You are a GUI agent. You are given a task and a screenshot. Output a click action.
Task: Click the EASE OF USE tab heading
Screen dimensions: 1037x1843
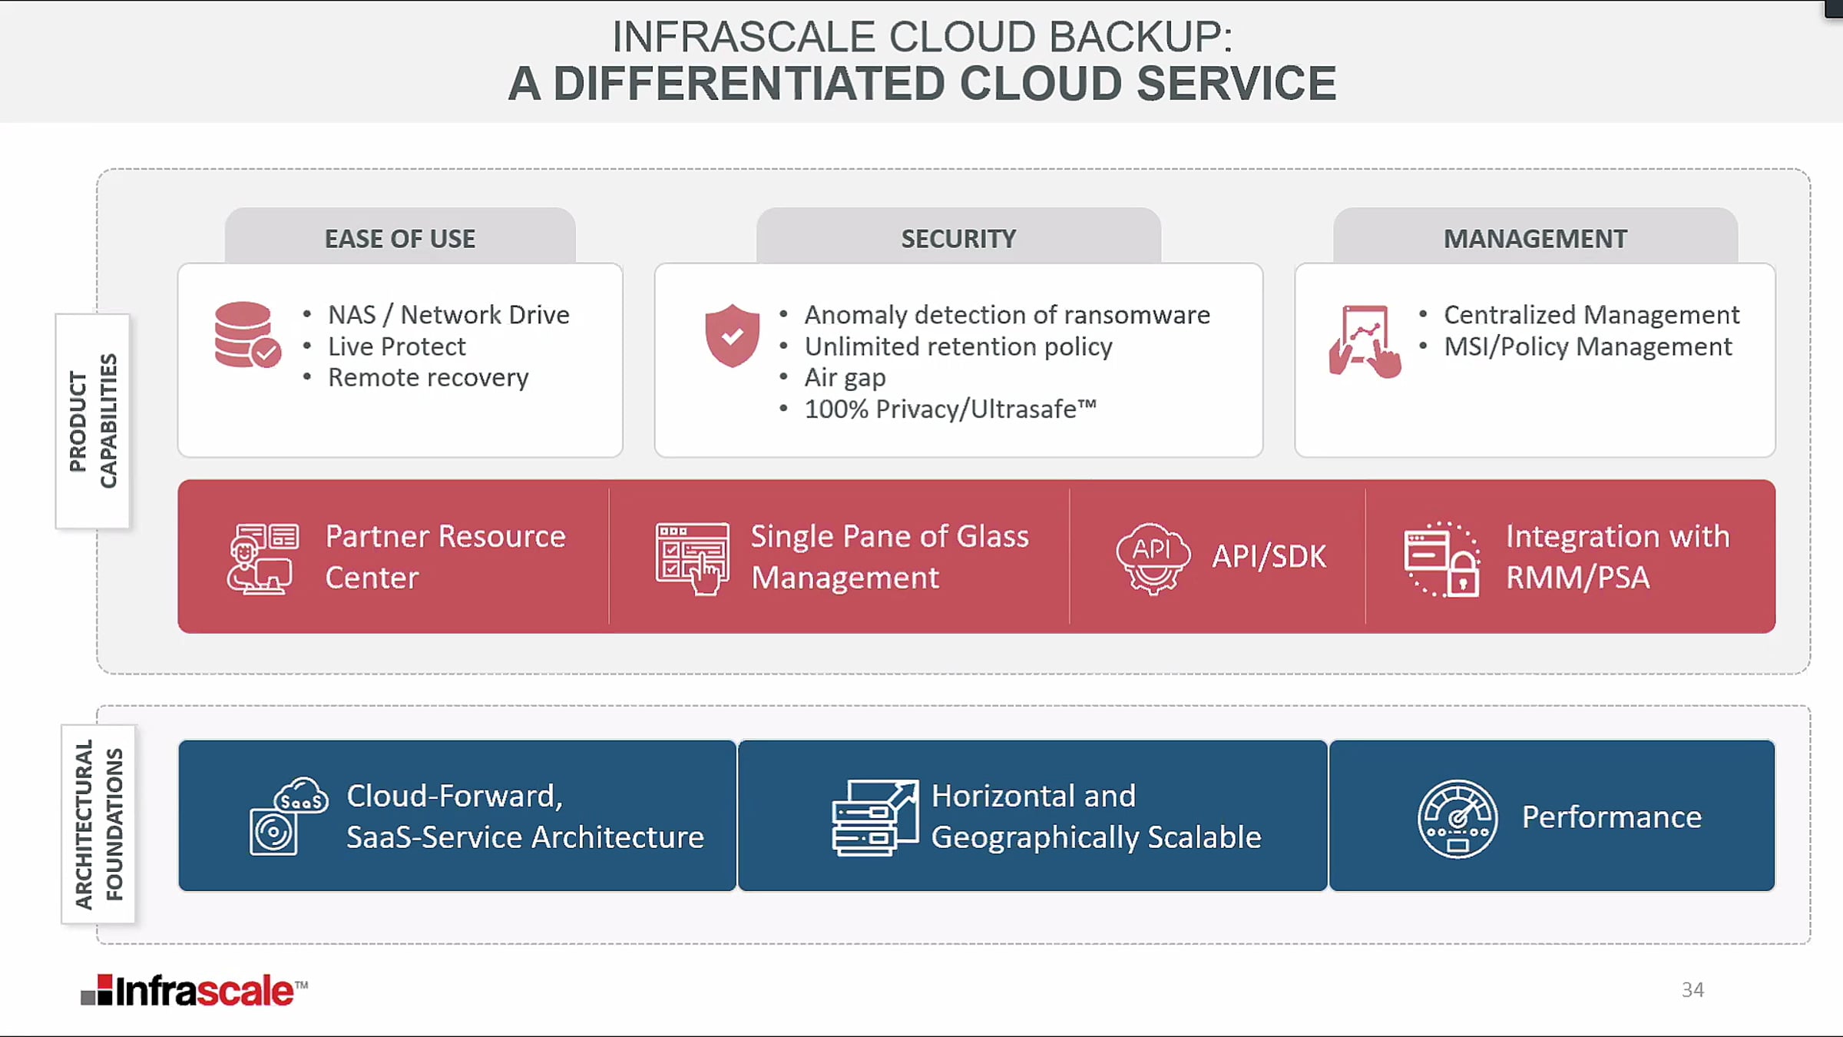(x=400, y=239)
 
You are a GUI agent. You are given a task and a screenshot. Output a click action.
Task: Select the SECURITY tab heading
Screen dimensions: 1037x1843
(x=958, y=239)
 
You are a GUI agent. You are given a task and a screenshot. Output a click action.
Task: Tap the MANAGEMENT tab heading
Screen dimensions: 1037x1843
(x=1535, y=239)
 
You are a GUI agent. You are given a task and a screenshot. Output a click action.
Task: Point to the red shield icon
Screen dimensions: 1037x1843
(x=732, y=335)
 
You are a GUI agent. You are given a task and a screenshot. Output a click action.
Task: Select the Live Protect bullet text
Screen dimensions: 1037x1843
(x=396, y=346)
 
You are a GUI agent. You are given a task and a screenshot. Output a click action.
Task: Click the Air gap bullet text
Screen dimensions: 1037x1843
(x=845, y=378)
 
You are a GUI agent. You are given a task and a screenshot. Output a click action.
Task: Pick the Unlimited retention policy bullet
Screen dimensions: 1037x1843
(x=958, y=346)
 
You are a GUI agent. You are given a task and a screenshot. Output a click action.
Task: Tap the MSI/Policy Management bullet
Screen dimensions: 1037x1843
(x=1587, y=346)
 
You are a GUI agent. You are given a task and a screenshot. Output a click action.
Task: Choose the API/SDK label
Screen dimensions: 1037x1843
(x=1269, y=556)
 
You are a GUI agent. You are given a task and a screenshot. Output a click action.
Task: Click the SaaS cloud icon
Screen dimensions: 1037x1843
(x=289, y=817)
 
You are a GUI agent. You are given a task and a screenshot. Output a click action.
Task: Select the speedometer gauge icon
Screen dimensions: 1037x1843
(x=1457, y=819)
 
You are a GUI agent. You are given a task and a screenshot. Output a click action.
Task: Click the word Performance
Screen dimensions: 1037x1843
(x=1611, y=817)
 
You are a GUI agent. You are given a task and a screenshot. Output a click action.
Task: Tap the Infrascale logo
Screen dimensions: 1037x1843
(x=194, y=991)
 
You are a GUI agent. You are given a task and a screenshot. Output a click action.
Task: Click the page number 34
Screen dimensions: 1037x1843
(x=1692, y=989)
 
